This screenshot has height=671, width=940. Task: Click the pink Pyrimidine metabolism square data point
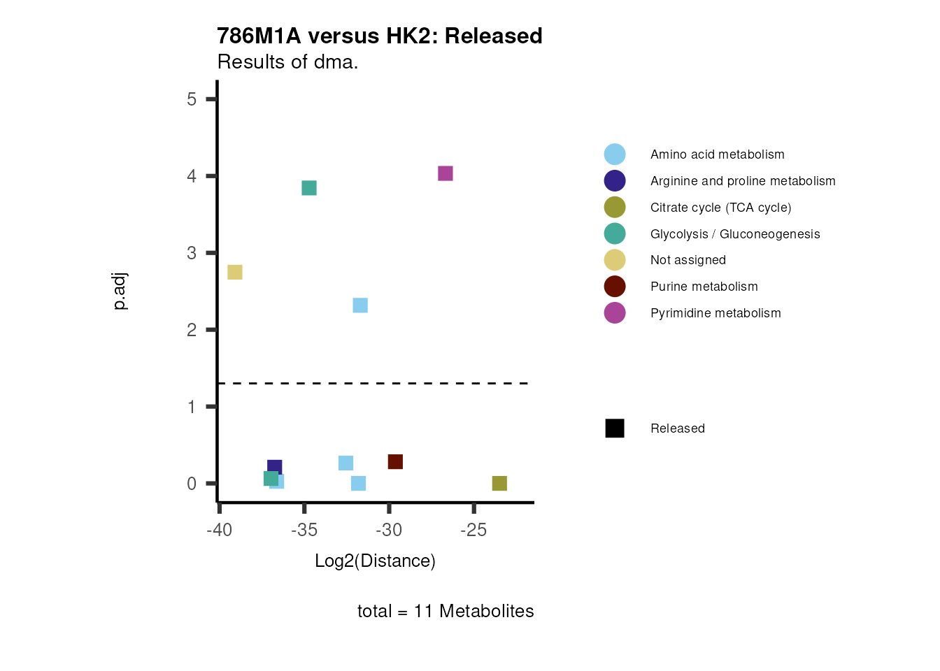(446, 173)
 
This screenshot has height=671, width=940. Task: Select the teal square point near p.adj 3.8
(309, 188)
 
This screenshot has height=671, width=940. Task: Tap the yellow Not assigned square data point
(235, 272)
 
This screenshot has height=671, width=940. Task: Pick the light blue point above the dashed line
(360, 305)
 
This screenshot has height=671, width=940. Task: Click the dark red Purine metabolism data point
(395, 462)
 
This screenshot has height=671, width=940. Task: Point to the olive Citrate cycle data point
(499, 484)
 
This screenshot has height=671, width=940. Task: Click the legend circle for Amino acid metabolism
(615, 154)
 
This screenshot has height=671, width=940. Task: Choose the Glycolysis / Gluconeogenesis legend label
(734, 234)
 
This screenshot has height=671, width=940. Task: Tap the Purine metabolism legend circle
(615, 287)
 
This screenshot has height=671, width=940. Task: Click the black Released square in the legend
(615, 428)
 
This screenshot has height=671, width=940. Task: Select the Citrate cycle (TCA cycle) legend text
(720, 208)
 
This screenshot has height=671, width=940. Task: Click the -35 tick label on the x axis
(304, 531)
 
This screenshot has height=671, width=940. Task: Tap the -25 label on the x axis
(473, 531)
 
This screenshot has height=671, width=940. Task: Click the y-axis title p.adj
(120, 291)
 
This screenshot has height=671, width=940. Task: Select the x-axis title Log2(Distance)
(375, 561)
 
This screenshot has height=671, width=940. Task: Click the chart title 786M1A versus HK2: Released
(379, 36)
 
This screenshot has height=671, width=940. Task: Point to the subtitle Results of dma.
(287, 62)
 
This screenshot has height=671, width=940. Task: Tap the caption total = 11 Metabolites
(446, 612)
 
